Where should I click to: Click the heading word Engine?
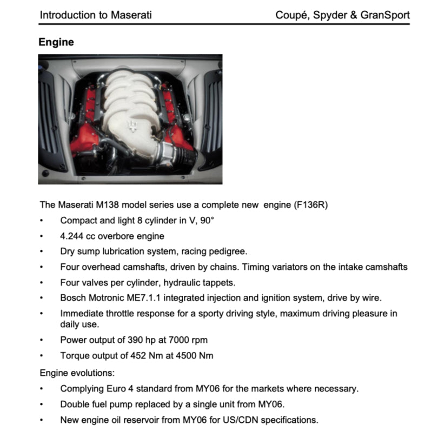56,42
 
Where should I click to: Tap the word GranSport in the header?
386,15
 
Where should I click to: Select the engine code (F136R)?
310,205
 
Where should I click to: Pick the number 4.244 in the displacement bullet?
71,236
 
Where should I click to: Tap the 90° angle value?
207,221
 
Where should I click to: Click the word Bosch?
73,297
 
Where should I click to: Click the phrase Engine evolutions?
77,373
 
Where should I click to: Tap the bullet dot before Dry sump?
42,252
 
